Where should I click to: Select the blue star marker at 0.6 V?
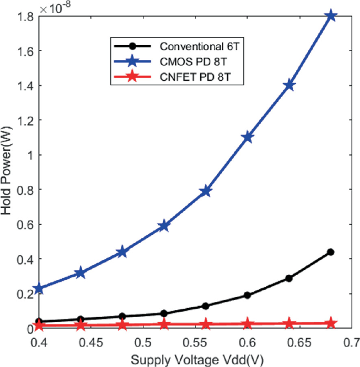[248, 137]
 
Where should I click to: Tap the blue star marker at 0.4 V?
[38, 288]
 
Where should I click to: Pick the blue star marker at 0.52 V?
[164, 226]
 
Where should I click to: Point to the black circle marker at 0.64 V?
[289, 278]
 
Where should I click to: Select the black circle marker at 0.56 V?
[205, 306]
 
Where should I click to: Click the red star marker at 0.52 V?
[164, 324]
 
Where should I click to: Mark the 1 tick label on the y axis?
[30, 155]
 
